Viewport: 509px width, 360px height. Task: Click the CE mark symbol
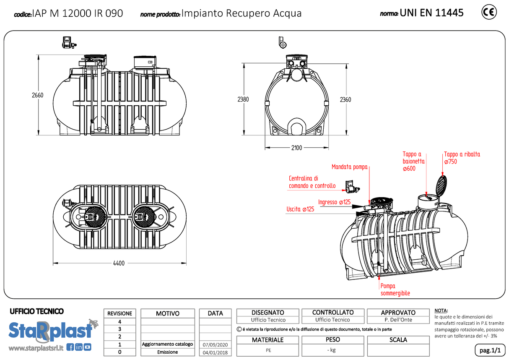(489, 12)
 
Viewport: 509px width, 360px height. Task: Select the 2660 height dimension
(38, 95)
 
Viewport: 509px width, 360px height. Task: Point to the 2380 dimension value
(243, 99)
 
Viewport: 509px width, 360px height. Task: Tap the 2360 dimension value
(345, 99)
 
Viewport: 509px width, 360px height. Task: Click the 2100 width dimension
(296, 148)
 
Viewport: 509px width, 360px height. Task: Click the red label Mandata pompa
(349, 167)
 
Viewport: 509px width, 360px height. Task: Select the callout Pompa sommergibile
(395, 290)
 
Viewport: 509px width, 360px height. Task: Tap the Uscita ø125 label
(300, 209)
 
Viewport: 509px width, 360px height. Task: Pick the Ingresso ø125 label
(334, 202)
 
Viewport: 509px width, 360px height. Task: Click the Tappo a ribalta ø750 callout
(462, 158)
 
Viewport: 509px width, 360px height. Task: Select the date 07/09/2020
(215, 344)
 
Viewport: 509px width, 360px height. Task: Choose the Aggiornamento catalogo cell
(168, 344)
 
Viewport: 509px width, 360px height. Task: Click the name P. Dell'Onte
(398, 320)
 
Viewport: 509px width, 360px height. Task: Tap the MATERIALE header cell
(267, 340)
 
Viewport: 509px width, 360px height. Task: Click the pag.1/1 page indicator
(489, 350)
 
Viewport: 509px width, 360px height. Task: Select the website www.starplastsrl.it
(36, 348)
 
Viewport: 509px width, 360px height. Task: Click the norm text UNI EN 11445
(431, 13)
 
